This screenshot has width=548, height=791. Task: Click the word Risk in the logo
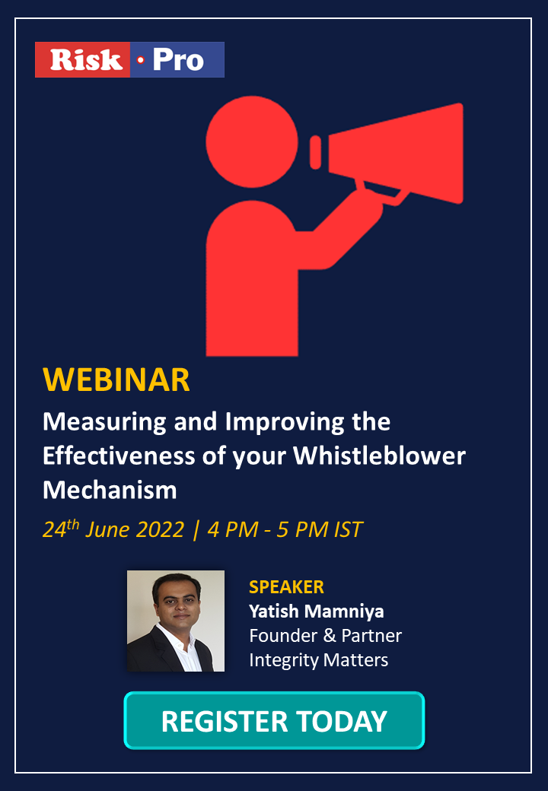86,59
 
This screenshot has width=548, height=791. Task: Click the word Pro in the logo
179,59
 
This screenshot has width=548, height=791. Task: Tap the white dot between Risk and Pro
140,60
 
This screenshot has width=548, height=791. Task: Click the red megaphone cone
396,154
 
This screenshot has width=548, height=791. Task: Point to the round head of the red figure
252,141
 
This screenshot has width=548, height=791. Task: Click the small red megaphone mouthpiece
315,152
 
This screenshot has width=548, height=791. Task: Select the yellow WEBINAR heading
116,380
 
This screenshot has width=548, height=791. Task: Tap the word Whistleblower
380,456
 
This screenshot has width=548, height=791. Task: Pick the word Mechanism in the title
110,490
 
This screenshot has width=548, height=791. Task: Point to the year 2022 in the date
161,529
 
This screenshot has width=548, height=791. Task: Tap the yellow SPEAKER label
287,586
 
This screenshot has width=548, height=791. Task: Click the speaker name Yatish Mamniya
317,612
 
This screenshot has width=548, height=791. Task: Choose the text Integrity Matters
319,660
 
